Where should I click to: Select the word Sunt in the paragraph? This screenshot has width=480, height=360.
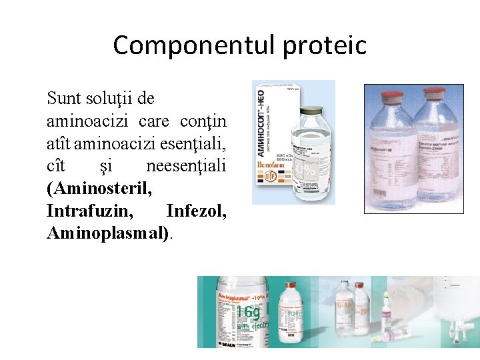tap(64, 99)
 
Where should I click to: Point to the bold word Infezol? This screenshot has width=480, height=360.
tap(196, 212)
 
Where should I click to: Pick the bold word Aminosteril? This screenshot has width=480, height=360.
tap(99, 189)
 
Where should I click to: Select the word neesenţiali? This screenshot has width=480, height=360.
tap(186, 167)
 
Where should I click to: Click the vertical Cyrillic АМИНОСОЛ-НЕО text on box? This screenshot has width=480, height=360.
tap(261, 127)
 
